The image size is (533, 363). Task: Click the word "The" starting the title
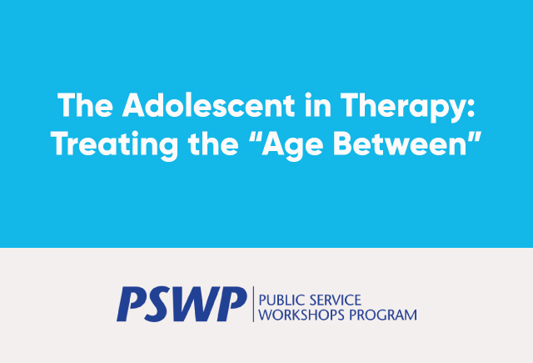85,105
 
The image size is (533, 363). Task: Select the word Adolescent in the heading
209,105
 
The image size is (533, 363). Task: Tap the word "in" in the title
318,105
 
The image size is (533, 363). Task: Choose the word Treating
115,144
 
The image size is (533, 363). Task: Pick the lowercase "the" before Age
213,143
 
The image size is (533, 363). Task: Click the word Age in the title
292,146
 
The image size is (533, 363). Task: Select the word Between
399,143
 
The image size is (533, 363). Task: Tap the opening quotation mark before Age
255,137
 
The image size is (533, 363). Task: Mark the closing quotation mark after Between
474,137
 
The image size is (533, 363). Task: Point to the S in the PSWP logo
158,304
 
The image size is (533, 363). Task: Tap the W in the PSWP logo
194,304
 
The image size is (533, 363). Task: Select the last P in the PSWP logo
232,304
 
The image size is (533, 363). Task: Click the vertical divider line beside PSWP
253,304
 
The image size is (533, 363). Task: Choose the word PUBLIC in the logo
281,300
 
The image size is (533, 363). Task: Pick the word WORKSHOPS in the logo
301,315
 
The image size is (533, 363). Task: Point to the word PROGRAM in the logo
383,315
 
